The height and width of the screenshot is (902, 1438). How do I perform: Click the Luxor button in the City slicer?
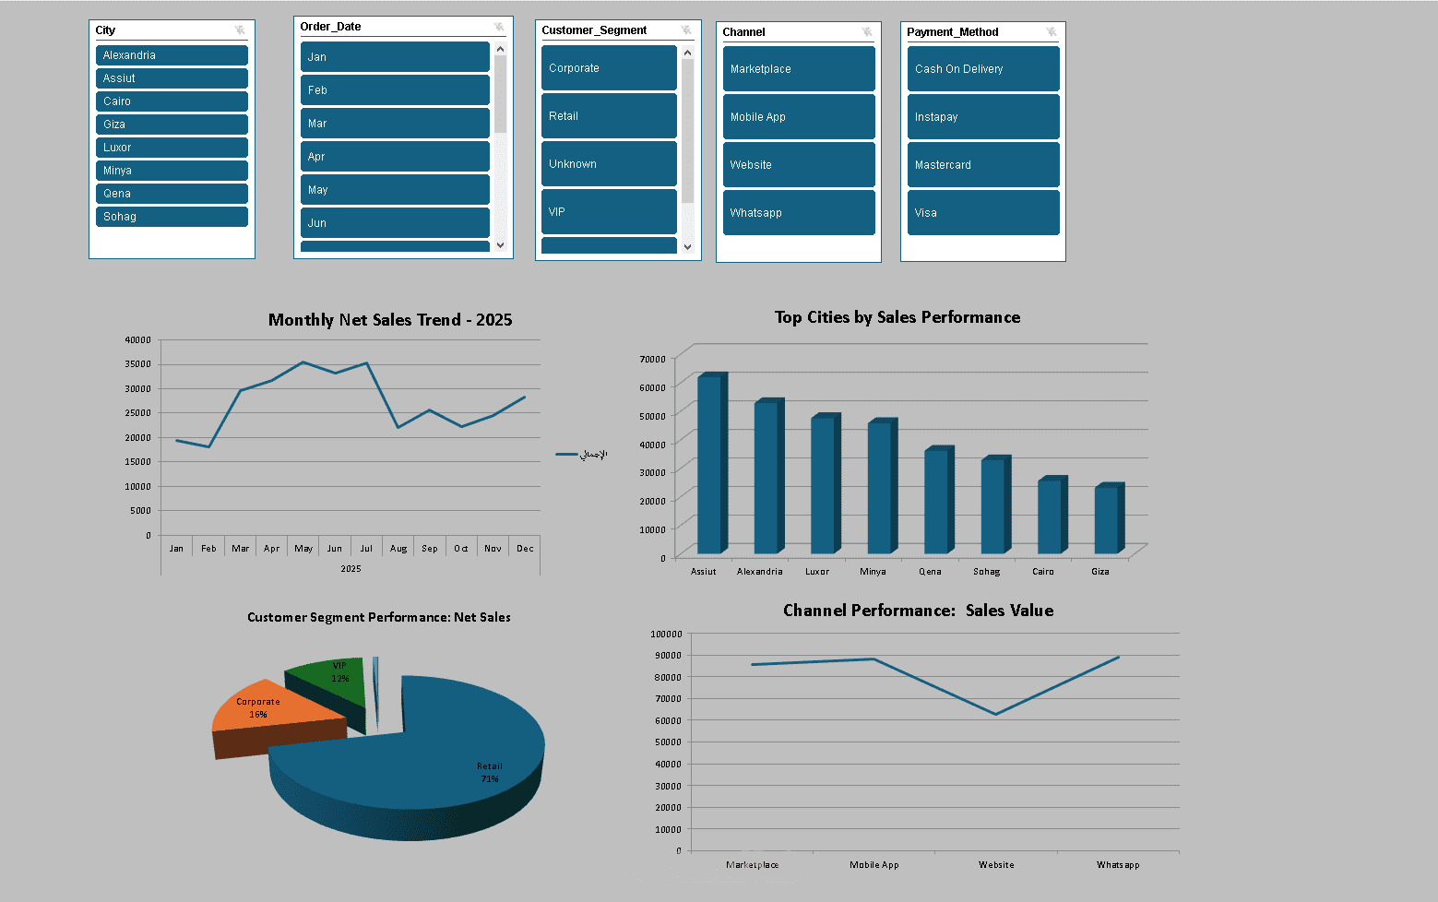[x=172, y=147]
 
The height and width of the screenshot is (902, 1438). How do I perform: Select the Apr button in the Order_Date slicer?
[x=395, y=157]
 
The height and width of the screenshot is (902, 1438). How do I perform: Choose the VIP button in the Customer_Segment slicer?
[x=609, y=212]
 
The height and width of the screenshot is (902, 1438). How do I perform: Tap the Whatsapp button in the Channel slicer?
[x=799, y=212]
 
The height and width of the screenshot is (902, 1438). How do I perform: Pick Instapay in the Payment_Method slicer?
[x=983, y=117]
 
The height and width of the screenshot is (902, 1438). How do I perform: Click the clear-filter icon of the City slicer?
[x=240, y=30]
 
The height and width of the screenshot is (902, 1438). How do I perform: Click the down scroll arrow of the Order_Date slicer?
[x=501, y=245]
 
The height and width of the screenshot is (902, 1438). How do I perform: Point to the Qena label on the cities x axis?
[x=930, y=572]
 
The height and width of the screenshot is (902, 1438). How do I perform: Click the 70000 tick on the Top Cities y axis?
[x=652, y=359]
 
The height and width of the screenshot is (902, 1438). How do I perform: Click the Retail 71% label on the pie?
[x=489, y=772]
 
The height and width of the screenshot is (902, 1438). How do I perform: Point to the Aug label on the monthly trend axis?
[x=398, y=548]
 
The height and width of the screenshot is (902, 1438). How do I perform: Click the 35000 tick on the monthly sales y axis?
[x=138, y=364]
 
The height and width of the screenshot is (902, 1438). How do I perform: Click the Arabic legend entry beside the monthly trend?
[x=581, y=455]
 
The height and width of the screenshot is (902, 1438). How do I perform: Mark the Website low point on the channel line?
[x=995, y=714]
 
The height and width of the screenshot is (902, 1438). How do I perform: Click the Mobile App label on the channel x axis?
[x=873, y=865]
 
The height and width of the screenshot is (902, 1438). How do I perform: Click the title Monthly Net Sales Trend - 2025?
[x=389, y=320]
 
